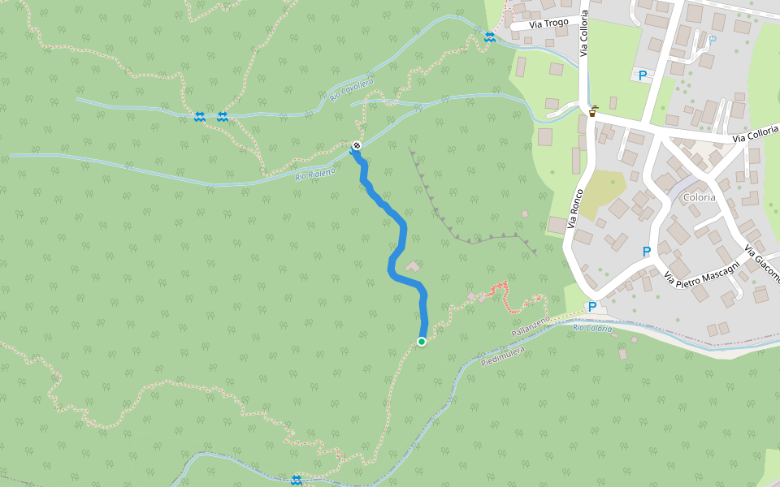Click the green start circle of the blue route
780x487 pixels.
422,342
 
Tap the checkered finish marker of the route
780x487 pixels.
356,146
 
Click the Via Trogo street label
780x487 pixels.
548,24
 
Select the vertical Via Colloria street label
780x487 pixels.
583,37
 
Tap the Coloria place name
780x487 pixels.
700,197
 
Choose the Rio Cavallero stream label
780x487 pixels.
352,90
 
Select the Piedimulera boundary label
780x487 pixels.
503,356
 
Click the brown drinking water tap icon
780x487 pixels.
593,111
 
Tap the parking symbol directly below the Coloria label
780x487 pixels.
647,252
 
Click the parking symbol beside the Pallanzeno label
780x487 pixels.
592,307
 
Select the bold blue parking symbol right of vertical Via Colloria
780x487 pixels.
643,75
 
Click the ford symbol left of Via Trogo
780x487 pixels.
489,37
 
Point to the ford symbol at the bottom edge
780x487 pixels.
297,480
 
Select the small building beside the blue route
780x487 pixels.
413,266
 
